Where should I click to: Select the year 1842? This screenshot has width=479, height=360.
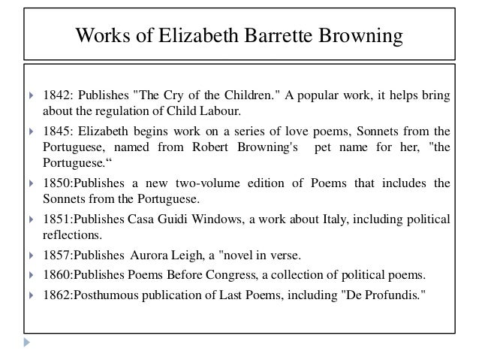[56, 98]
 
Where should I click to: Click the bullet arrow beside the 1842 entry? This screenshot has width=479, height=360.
[28, 98]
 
